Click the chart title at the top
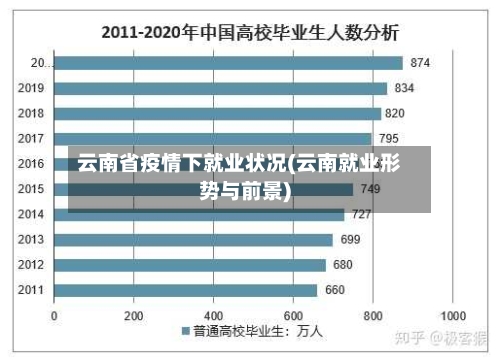pos(250,32)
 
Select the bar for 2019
pos(220,88)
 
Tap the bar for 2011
pos(185,290)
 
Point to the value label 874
pos(420,63)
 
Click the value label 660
pos(335,290)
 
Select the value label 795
pos(389,138)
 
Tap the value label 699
pos(350,240)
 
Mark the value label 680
pos(343,265)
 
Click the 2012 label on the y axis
pos(31,265)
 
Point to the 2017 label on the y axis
pos(31,138)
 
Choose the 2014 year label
pos(31,214)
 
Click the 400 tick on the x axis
pos(213,314)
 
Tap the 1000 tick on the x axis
pos(452,314)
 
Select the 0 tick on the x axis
pos(54,314)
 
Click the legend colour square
pos(186,331)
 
